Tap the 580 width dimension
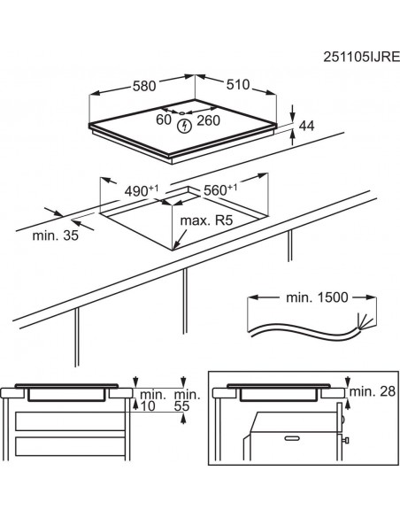(x=144, y=87)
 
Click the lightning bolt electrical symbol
(x=185, y=127)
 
